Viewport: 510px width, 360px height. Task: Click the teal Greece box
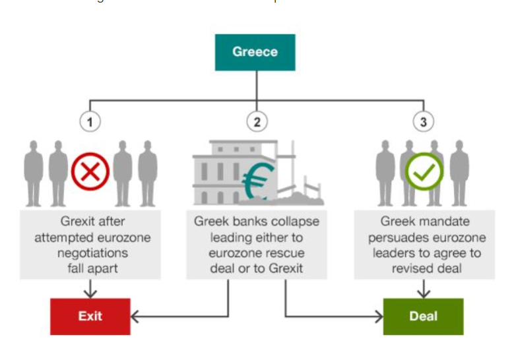pos(255,52)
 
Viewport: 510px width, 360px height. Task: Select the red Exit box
pos(90,316)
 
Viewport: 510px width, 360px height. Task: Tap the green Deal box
pos(423,316)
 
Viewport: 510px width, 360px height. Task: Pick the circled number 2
pos(257,121)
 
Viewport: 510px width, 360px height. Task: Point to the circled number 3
pos(423,121)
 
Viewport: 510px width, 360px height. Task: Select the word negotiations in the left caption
pos(90,253)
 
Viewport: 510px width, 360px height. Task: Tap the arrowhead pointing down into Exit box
pos(90,291)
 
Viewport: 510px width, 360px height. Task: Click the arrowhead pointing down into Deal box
pos(423,291)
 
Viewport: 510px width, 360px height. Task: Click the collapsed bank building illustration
pos(224,171)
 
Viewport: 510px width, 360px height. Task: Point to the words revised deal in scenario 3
pos(423,268)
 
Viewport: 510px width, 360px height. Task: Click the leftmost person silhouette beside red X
pos(33,173)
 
